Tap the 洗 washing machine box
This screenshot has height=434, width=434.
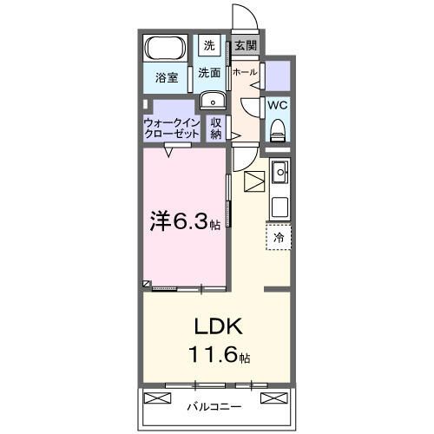pos(210,46)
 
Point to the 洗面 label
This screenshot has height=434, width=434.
pos(210,73)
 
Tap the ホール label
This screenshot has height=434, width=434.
pos(246,72)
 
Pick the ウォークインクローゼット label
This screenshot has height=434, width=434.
pos(172,128)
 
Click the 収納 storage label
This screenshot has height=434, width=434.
pos(216,128)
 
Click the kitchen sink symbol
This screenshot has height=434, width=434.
pos(279,174)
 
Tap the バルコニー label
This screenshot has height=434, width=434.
pos(214,405)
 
